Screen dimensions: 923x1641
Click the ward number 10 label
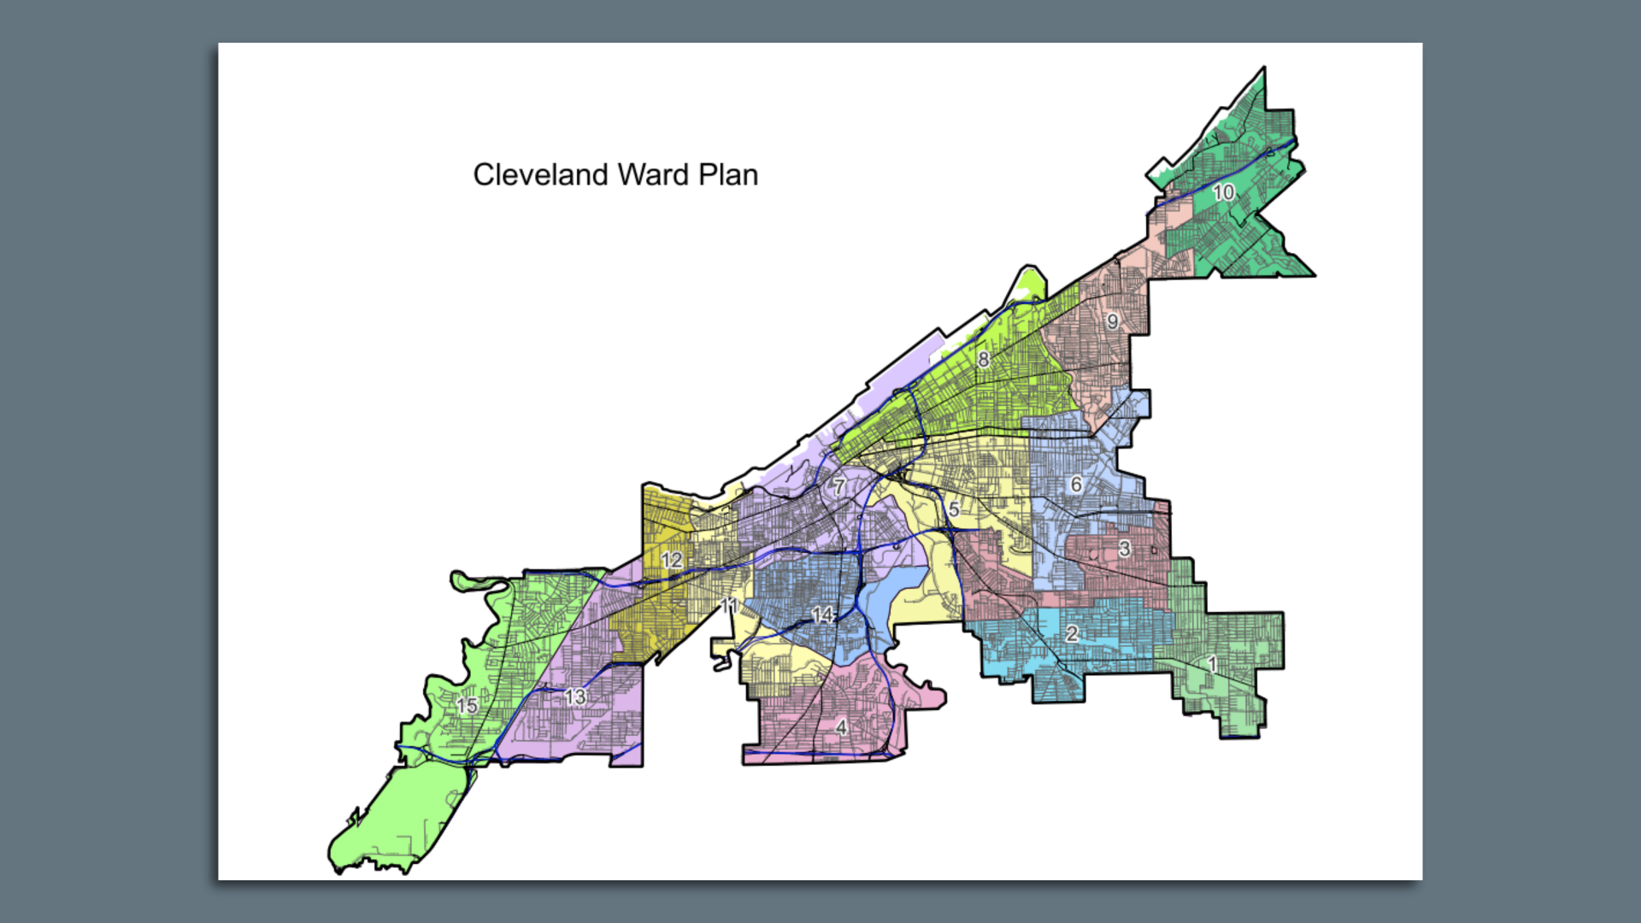1223,192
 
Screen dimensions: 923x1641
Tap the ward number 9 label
1112,322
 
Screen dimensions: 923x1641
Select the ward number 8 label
984,360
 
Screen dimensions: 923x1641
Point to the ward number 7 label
839,487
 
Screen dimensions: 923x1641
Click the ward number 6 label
1076,485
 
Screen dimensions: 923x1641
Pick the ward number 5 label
954,509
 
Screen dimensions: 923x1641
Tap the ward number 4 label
841,727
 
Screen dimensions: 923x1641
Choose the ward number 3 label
1124,550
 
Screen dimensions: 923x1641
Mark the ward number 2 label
1071,634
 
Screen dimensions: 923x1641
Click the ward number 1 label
1211,664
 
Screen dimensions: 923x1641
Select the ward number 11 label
729,606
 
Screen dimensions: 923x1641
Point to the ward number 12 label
672,560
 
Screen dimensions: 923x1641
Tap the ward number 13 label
575,697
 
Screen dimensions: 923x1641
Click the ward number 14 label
822,615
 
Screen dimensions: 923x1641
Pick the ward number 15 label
467,706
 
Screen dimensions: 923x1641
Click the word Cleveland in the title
540,175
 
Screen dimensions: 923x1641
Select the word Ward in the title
653,175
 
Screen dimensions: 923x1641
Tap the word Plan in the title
728,175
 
